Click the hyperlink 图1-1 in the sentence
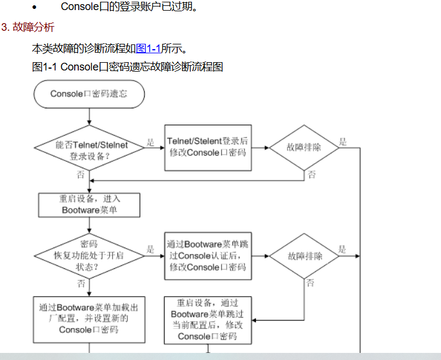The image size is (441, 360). coord(148,49)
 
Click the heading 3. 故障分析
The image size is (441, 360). coord(28,27)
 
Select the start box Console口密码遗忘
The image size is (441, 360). coord(89,94)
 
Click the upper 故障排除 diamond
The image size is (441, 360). coord(304,147)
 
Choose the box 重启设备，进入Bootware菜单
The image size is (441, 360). coord(89,205)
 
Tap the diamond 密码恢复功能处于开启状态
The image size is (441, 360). coord(89,256)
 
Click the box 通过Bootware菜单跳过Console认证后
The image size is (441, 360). coord(207,256)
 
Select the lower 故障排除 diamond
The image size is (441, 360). coord(305,256)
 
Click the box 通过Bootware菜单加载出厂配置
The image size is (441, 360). coord(89,319)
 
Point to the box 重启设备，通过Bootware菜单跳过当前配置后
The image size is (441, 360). coord(207,320)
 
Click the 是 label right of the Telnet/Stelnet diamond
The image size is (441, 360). coord(151,143)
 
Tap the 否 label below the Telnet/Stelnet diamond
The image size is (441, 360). coord(81,175)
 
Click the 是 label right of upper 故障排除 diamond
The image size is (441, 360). coord(343,142)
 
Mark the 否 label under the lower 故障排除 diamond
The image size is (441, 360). coord(311,283)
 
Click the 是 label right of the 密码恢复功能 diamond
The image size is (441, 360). coord(151,250)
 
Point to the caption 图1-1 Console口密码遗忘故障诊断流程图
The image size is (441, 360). coord(127,67)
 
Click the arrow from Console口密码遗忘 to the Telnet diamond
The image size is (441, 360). coord(89,117)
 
